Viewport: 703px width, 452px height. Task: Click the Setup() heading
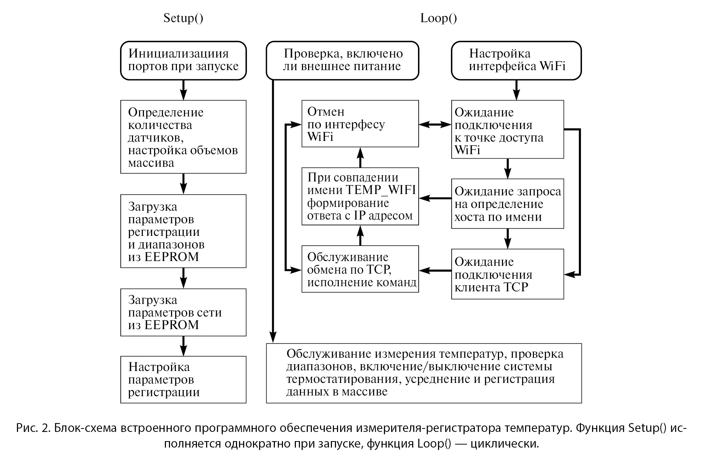point(183,18)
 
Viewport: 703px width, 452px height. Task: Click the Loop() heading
point(438,18)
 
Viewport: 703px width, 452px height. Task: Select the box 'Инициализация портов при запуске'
point(183,61)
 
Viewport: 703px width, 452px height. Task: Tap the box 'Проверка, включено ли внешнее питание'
point(342,61)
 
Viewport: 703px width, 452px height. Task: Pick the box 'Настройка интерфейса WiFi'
point(516,61)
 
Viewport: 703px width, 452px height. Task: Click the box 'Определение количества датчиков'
point(183,137)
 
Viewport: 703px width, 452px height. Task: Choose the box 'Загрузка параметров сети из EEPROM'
point(183,312)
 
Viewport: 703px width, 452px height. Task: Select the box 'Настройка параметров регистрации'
point(183,380)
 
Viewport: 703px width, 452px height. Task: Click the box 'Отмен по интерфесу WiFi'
point(360,124)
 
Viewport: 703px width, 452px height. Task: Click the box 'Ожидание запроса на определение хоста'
point(507,204)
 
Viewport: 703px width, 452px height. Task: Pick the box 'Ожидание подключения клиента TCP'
point(507,274)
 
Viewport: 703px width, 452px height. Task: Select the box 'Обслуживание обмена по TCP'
point(360,269)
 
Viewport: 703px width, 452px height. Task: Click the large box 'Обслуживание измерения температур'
point(424,373)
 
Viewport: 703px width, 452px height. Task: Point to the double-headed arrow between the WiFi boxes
point(435,125)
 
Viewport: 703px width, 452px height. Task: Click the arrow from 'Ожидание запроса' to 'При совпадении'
point(435,198)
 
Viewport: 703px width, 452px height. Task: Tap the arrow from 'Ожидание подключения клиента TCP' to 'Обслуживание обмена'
point(435,271)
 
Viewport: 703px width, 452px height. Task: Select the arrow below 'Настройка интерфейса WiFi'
point(516,90)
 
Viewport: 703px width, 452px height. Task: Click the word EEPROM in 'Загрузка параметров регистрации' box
point(171,257)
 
